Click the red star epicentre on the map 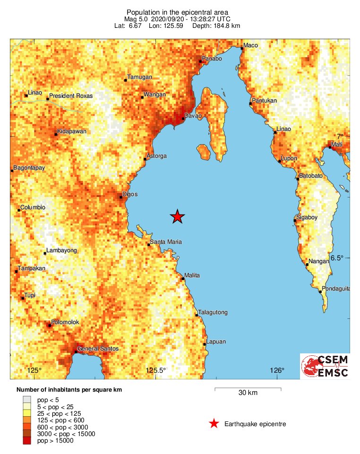click(177, 216)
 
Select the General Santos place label click(98, 349)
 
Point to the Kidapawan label click(72, 131)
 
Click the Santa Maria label click(165, 242)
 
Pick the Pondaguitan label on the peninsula click(336, 289)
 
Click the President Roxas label click(71, 96)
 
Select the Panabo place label click(211, 59)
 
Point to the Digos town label click(130, 194)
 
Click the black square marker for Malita click(183, 279)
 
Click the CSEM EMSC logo click(325, 366)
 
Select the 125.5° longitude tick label click(156, 370)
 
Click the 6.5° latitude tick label click(338, 258)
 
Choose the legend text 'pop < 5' click(48, 400)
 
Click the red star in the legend click(214, 424)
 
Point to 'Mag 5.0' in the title click(135, 19)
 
